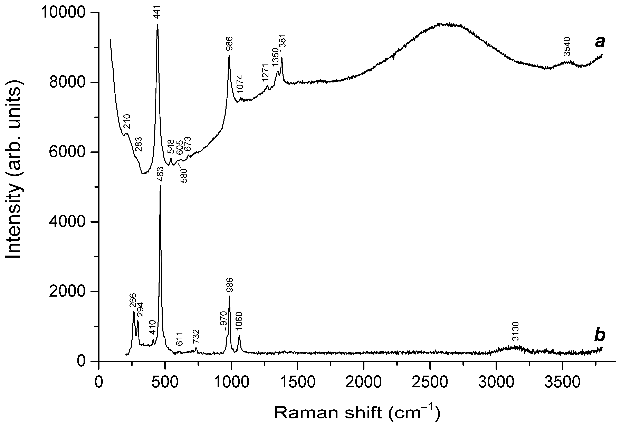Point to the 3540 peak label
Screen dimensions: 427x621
point(567,46)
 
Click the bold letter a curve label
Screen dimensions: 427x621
point(600,42)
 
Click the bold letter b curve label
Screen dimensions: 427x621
point(600,336)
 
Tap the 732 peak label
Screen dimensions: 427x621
point(196,337)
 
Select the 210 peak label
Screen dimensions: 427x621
point(126,122)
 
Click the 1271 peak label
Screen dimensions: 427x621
point(265,73)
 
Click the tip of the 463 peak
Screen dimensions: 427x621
point(160,185)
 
